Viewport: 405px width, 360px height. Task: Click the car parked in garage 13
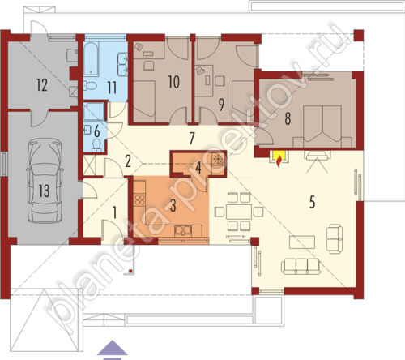coord(45,181)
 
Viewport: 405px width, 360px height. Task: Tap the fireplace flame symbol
coord(279,162)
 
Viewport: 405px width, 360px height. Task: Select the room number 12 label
coord(42,84)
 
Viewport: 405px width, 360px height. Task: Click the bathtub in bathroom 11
coord(91,58)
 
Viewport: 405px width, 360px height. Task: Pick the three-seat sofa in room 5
coord(301,267)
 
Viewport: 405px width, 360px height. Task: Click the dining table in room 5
coord(239,212)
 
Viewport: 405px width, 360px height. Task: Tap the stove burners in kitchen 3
coord(139,199)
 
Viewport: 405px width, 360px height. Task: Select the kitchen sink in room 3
coord(183,230)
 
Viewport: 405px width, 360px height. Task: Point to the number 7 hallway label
coord(192,138)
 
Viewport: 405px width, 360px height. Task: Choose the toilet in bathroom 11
coord(90,86)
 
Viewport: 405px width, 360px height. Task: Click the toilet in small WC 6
coord(96,145)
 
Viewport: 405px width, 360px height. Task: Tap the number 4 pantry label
coord(198,168)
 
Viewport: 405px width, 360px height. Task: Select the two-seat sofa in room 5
coord(335,239)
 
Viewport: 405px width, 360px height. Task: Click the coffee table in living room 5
coord(302,242)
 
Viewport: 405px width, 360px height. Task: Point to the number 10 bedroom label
coord(173,82)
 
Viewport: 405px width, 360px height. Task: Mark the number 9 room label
coord(221,105)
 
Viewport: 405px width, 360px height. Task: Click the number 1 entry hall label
coord(114,212)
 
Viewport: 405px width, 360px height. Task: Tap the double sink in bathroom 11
coord(122,64)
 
